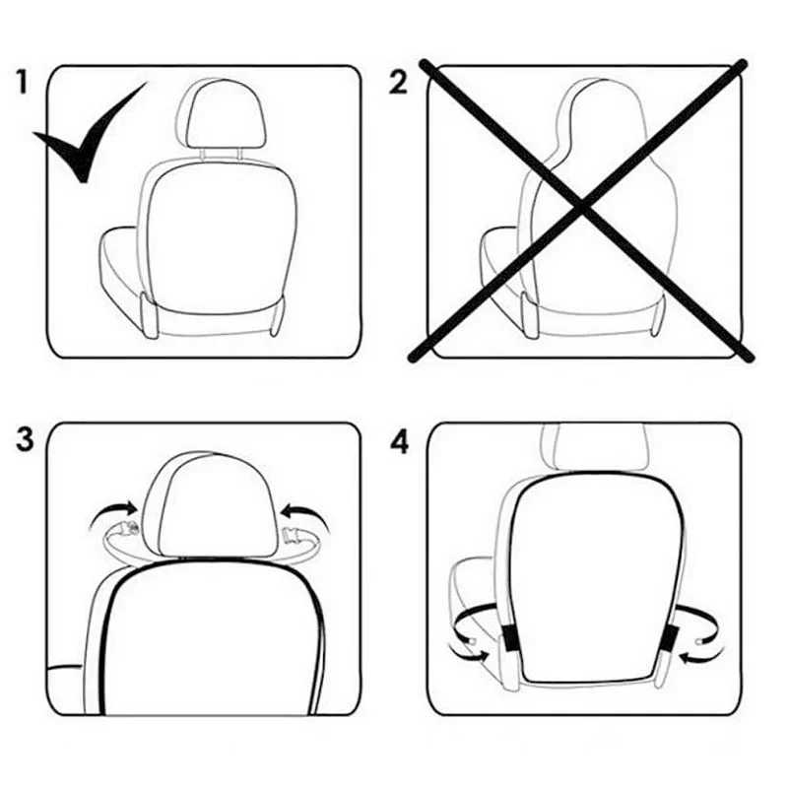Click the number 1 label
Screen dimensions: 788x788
point(25,81)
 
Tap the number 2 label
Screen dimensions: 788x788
point(398,83)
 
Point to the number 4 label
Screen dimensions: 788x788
point(398,442)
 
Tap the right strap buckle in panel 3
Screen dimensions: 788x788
point(294,537)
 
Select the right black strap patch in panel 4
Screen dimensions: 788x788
point(672,638)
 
